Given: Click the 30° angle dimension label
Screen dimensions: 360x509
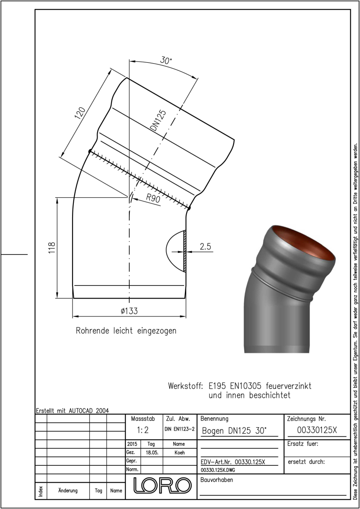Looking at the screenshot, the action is [x=166, y=60].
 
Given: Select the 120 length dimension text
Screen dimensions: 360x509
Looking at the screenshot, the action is [x=80, y=113].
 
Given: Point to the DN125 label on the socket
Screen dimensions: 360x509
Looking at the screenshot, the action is [x=158, y=120].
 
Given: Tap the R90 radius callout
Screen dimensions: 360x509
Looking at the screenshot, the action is [x=153, y=199].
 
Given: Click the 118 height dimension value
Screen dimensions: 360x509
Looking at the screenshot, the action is [x=52, y=248].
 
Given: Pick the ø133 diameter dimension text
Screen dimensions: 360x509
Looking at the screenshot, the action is [x=129, y=311].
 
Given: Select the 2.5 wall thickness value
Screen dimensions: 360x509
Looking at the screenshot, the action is [x=205, y=246].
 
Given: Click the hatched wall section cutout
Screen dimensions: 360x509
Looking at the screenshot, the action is [x=184, y=251].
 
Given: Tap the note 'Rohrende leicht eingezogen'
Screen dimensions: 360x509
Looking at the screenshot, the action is [x=126, y=330].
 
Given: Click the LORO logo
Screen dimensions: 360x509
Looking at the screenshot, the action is [x=162, y=485].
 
